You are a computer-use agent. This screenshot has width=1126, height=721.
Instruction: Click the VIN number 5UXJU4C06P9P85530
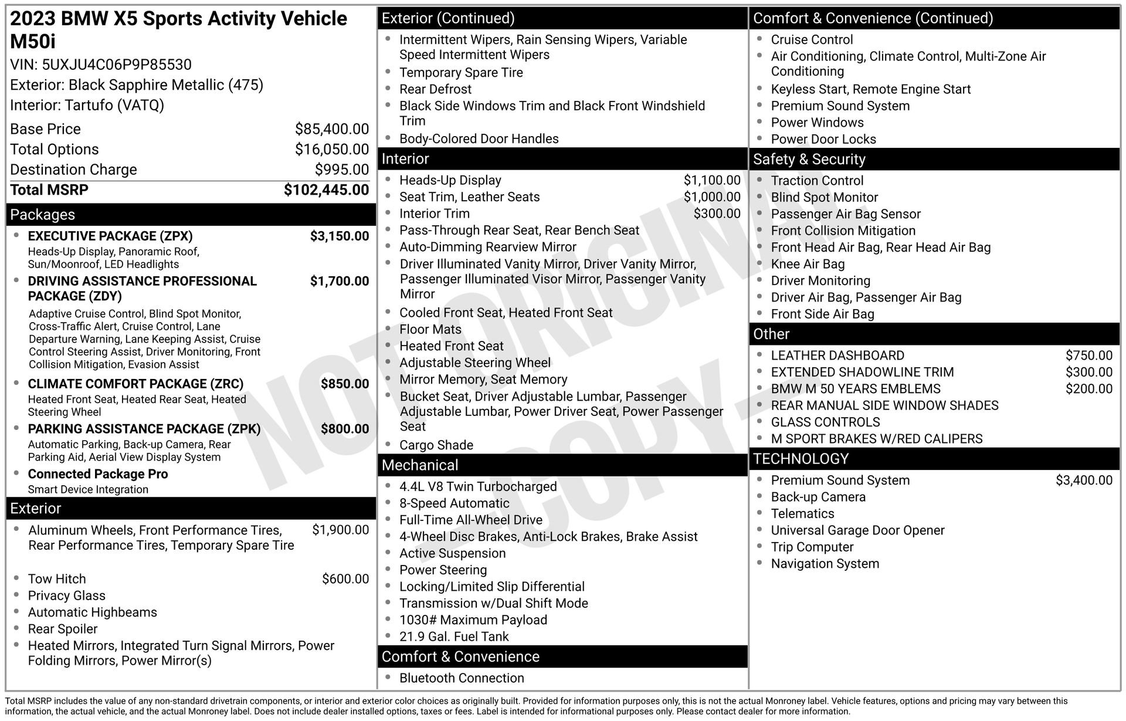pyautogui.click(x=117, y=65)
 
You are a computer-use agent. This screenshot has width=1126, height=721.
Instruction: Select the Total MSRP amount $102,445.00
pyautogui.click(x=326, y=190)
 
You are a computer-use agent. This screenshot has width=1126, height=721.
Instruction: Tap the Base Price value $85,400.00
pyautogui.click(x=332, y=129)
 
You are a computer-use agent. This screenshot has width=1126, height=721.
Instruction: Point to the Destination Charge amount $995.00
pyautogui.click(x=342, y=170)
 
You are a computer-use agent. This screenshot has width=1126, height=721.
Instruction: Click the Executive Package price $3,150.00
pyautogui.click(x=340, y=236)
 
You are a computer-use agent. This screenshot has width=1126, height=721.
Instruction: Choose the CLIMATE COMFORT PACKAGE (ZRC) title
pyautogui.click(x=135, y=384)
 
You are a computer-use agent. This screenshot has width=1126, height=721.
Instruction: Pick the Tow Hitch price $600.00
pyautogui.click(x=345, y=579)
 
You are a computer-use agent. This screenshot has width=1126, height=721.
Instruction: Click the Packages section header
pyautogui.click(x=43, y=215)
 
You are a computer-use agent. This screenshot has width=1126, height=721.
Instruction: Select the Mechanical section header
pyautogui.click(x=420, y=465)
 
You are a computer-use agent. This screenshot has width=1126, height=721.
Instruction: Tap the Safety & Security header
pyautogui.click(x=809, y=160)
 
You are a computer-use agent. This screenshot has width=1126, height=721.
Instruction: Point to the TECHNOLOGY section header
pyautogui.click(x=801, y=459)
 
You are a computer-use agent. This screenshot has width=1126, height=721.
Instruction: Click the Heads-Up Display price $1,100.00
pyautogui.click(x=712, y=181)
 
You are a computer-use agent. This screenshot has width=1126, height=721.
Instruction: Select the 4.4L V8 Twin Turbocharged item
pyautogui.click(x=478, y=487)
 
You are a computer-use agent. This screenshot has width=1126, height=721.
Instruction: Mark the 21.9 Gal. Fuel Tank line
pyautogui.click(x=454, y=637)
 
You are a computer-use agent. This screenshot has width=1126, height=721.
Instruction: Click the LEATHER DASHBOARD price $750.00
pyautogui.click(x=1088, y=356)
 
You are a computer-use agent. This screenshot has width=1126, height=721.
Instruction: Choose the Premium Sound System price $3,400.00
pyautogui.click(x=1084, y=480)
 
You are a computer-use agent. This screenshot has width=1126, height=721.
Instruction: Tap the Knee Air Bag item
pyautogui.click(x=808, y=265)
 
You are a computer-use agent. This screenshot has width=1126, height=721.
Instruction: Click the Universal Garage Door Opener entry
pyautogui.click(x=857, y=530)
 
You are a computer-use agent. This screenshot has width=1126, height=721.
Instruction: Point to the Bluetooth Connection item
pyautogui.click(x=462, y=678)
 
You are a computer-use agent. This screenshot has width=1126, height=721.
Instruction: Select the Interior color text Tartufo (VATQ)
pyautogui.click(x=114, y=106)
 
